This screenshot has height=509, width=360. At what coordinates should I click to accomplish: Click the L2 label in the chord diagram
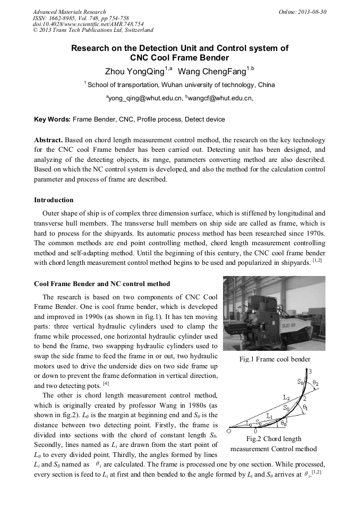[x=286, y=396]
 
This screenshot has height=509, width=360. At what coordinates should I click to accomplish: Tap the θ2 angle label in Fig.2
[x=315, y=382]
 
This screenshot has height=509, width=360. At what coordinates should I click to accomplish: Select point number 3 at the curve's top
[x=310, y=371]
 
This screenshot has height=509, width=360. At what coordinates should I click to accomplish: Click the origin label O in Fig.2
[x=228, y=432]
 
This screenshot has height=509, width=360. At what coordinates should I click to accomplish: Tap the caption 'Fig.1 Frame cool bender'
[x=275, y=359]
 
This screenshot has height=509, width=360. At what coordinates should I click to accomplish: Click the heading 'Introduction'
[x=54, y=200]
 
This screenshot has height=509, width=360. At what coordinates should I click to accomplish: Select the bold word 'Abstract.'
[x=48, y=140]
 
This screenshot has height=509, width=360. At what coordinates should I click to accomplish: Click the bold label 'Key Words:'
[x=52, y=119]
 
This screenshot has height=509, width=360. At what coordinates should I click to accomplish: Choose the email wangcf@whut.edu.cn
[x=212, y=98]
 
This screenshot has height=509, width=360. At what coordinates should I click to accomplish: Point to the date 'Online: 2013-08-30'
[x=303, y=11]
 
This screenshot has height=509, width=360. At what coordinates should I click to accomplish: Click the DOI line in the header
[x=88, y=24]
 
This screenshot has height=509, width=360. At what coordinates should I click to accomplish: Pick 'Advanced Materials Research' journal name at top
[x=70, y=11]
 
